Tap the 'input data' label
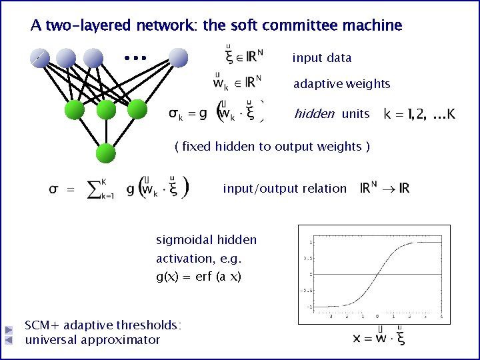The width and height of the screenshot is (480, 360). (x=322, y=58)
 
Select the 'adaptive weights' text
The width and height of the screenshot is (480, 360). (x=342, y=84)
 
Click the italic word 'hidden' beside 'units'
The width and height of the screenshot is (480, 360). (x=315, y=114)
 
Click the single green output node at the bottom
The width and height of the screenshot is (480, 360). (x=106, y=154)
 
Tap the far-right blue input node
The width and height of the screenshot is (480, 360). (x=179, y=58)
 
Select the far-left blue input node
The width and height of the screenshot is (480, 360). (x=39, y=58)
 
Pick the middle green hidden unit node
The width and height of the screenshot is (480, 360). (x=106, y=110)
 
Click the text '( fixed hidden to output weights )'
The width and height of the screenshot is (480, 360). (x=272, y=146)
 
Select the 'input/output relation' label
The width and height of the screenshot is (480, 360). (x=285, y=189)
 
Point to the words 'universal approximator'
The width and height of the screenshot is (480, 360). (x=93, y=340)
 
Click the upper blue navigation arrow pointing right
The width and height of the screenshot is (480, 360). (x=9, y=329)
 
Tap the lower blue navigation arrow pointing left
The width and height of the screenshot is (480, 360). (x=9, y=340)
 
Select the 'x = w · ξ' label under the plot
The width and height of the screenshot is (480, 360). (x=379, y=337)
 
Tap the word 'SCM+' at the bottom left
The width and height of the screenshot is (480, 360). (x=41, y=325)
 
